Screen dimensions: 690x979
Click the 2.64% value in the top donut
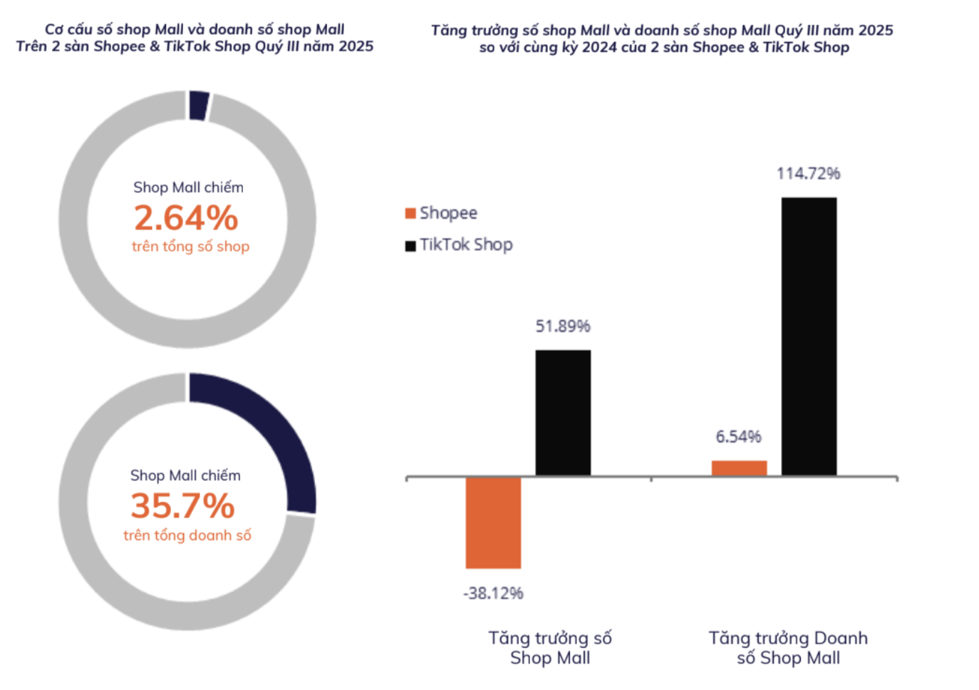[186, 217]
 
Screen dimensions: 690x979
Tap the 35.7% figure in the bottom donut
[183, 506]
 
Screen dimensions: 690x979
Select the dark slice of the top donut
[199, 105]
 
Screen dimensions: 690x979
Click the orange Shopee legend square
[410, 213]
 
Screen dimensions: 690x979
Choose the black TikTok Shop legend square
[410, 246]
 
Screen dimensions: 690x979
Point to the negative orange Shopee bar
[493, 522]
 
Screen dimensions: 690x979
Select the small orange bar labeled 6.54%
[739, 468]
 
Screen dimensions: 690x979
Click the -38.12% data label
[493, 593]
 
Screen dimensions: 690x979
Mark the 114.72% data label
[809, 173]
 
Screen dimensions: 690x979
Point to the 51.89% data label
[563, 326]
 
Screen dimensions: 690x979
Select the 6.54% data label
[739, 436]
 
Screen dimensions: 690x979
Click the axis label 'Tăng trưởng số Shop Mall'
[550, 648]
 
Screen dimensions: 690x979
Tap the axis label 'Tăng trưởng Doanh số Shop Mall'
[788, 648]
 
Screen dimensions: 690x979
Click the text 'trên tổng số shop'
[190, 247]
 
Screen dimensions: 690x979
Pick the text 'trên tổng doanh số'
[187, 535]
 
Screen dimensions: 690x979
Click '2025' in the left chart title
[356, 46]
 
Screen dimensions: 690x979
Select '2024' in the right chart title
[599, 47]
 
